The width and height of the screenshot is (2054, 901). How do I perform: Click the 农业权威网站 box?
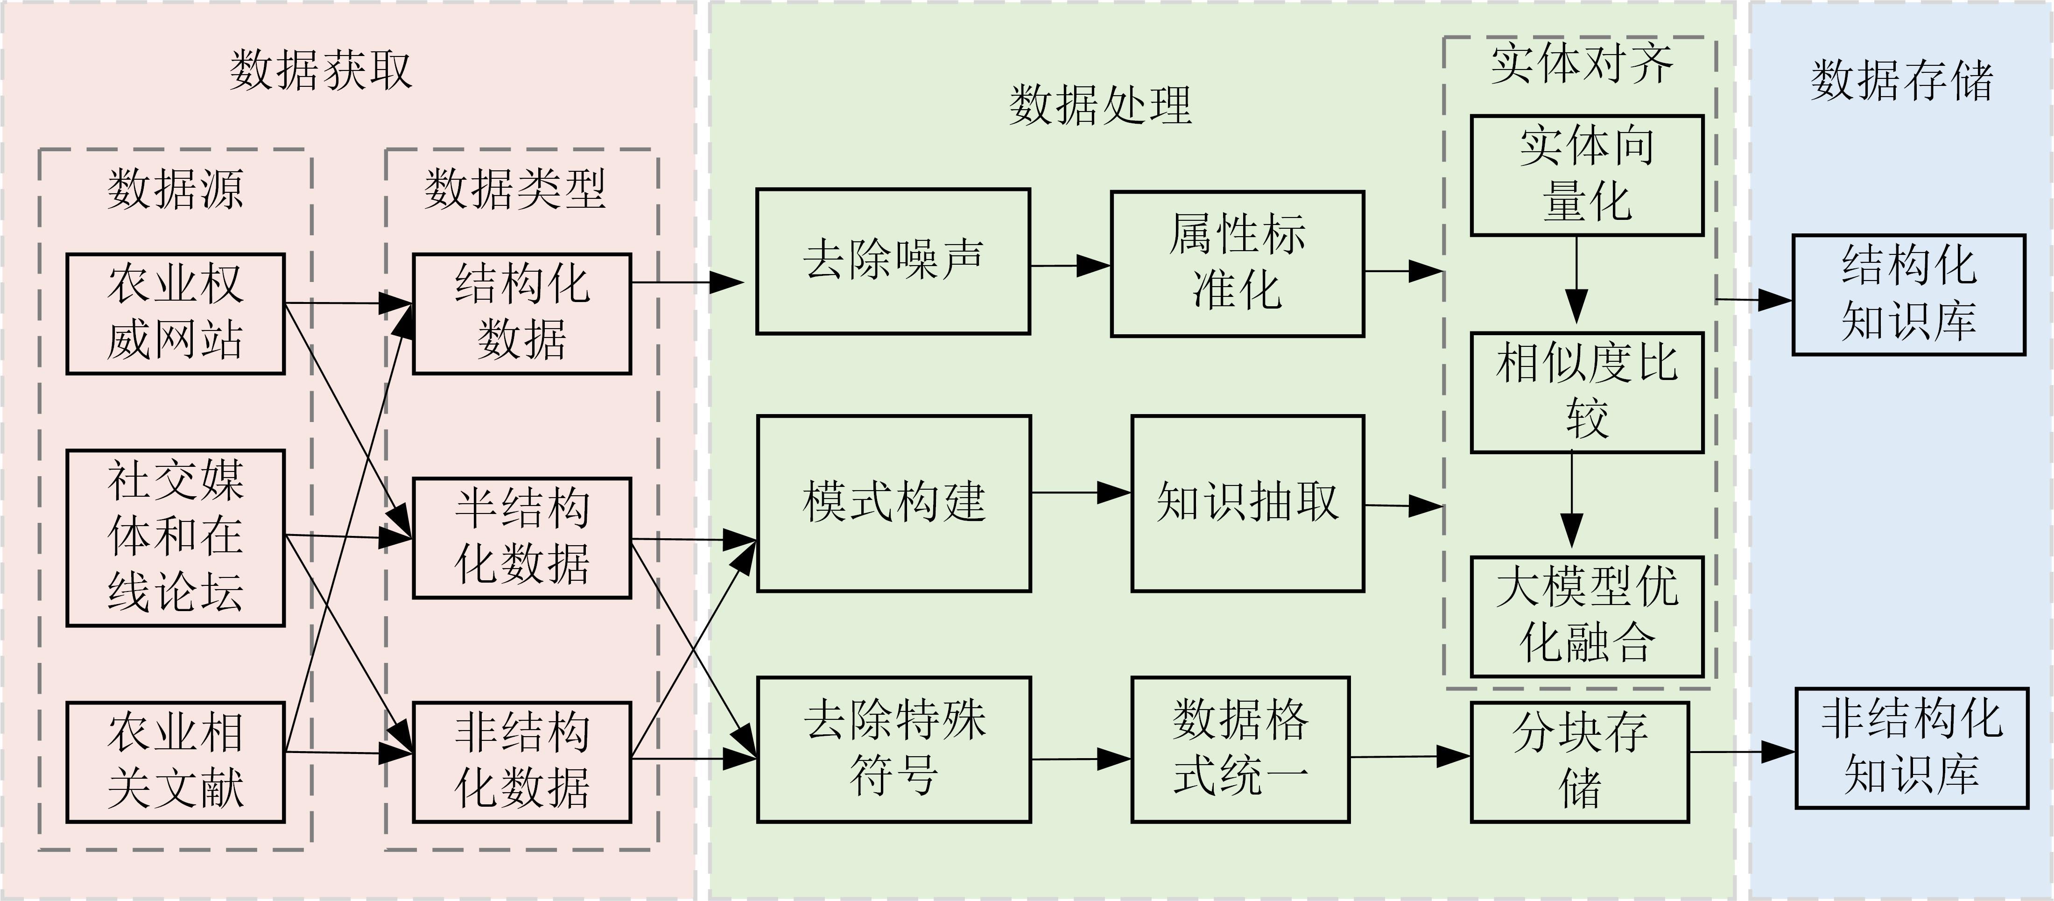[176, 313]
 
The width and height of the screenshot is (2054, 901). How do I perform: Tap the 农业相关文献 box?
[176, 761]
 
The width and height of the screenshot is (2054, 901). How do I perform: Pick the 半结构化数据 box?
[521, 537]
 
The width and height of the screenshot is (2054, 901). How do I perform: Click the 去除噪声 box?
[893, 261]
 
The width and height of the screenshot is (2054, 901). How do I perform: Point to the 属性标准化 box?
[1238, 263]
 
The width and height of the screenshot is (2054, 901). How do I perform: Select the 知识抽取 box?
[1248, 503]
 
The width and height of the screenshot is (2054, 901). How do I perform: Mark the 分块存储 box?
[1580, 761]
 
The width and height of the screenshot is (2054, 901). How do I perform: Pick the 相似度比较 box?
[1587, 392]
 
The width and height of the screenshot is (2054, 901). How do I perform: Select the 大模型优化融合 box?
[1587, 616]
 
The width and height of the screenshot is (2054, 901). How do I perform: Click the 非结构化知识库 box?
[1911, 748]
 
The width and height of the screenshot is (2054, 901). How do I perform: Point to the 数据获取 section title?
[321, 70]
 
